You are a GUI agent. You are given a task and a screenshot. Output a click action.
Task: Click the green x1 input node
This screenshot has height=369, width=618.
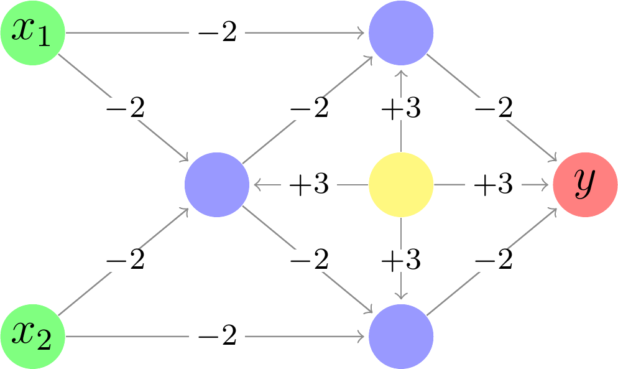pyautogui.click(x=32, y=32)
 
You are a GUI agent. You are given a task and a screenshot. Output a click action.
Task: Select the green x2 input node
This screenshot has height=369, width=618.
pyautogui.click(x=32, y=337)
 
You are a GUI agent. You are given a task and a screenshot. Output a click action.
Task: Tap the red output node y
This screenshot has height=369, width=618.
pyautogui.click(x=585, y=185)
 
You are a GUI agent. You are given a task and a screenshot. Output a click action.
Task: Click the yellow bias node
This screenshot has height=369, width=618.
pyautogui.click(x=401, y=185)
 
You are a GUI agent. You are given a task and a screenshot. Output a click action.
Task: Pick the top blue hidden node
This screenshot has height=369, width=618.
pyautogui.click(x=401, y=32)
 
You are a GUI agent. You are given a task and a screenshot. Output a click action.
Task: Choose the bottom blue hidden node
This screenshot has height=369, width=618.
pyautogui.click(x=401, y=337)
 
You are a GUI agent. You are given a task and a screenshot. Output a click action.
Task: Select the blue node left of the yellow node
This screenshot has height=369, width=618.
pyautogui.click(x=217, y=185)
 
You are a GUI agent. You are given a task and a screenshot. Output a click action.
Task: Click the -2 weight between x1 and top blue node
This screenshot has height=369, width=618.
pyautogui.click(x=217, y=33)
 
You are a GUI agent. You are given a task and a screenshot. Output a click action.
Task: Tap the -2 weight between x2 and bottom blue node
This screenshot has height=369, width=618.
pyautogui.click(x=217, y=337)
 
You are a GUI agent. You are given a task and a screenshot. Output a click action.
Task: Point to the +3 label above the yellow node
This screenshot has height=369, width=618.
pyautogui.click(x=401, y=109)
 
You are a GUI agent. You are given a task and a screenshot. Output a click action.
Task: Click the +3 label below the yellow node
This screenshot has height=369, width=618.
pyautogui.click(x=401, y=261)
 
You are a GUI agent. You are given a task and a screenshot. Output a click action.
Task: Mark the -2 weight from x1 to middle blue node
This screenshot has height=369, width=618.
pyautogui.click(x=125, y=109)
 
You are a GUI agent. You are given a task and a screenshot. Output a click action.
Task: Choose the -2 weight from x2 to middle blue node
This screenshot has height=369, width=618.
pyautogui.click(x=125, y=261)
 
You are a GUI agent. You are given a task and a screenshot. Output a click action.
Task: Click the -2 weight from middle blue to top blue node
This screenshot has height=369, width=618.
pyautogui.click(x=309, y=109)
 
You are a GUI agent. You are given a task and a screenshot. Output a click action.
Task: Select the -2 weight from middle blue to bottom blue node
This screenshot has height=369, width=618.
pyautogui.click(x=309, y=261)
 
